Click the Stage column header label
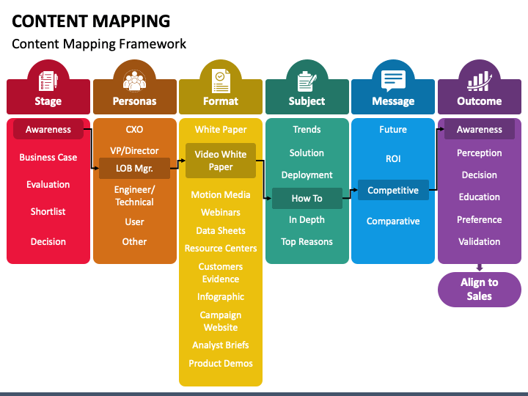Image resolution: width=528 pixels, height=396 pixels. point(48,101)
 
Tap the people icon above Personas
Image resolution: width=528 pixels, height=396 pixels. point(134,81)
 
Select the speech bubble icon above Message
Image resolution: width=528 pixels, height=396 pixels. point(393,81)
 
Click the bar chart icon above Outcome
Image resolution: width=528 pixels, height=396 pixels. point(479,81)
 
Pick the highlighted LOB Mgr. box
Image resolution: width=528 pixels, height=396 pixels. point(134,168)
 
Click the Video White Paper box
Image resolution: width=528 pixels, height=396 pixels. point(221,161)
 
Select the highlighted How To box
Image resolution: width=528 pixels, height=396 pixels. point(307,198)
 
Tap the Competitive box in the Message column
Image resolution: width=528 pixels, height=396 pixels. point(393,190)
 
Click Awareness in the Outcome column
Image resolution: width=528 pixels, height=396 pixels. point(480,129)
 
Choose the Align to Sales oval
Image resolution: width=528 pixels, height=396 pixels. point(480,289)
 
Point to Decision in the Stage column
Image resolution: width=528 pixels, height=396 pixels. point(48,241)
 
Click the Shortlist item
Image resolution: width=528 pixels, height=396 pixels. point(48,211)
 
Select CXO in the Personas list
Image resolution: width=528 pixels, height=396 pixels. point(134,129)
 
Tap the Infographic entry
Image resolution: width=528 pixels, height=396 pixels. point(221,297)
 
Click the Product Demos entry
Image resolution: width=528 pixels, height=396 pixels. point(221,363)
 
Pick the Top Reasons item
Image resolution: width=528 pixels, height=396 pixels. point(307,241)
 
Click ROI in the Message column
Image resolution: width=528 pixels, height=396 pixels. point(393,158)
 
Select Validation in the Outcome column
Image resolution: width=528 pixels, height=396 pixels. point(479,241)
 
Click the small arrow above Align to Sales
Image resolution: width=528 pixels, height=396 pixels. point(480,268)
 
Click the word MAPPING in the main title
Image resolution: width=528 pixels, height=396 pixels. point(131,21)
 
